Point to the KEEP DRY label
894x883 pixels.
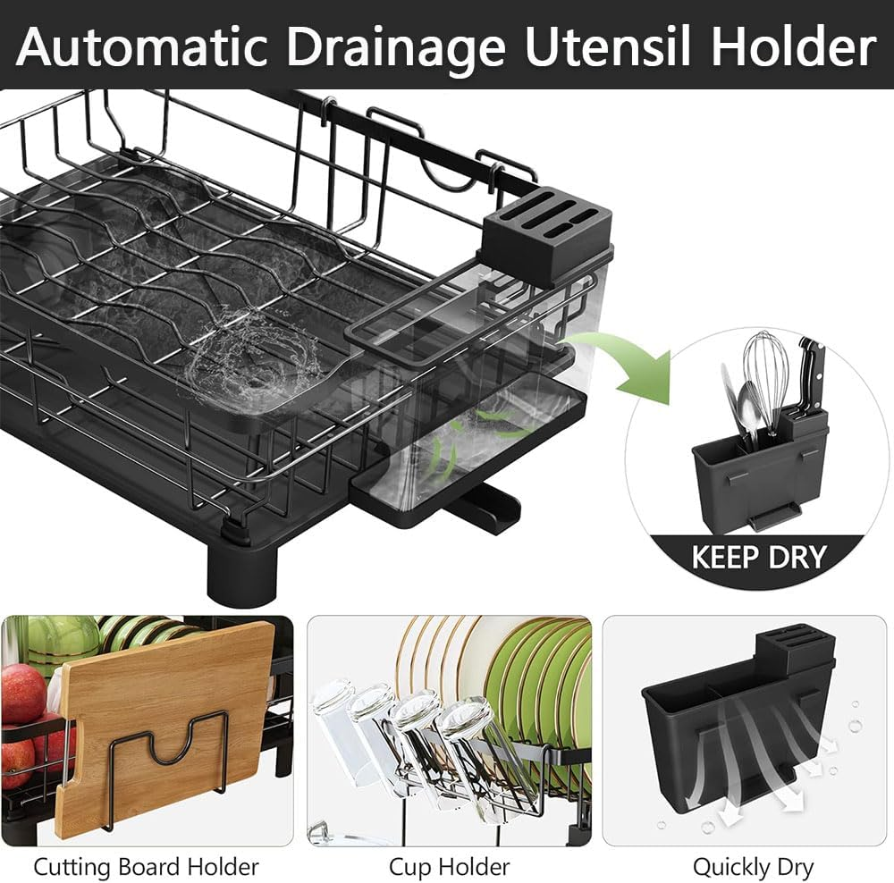(x=758, y=557)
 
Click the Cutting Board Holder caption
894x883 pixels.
(x=147, y=866)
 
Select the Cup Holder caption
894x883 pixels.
(x=449, y=866)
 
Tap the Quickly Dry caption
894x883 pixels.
(x=753, y=866)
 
